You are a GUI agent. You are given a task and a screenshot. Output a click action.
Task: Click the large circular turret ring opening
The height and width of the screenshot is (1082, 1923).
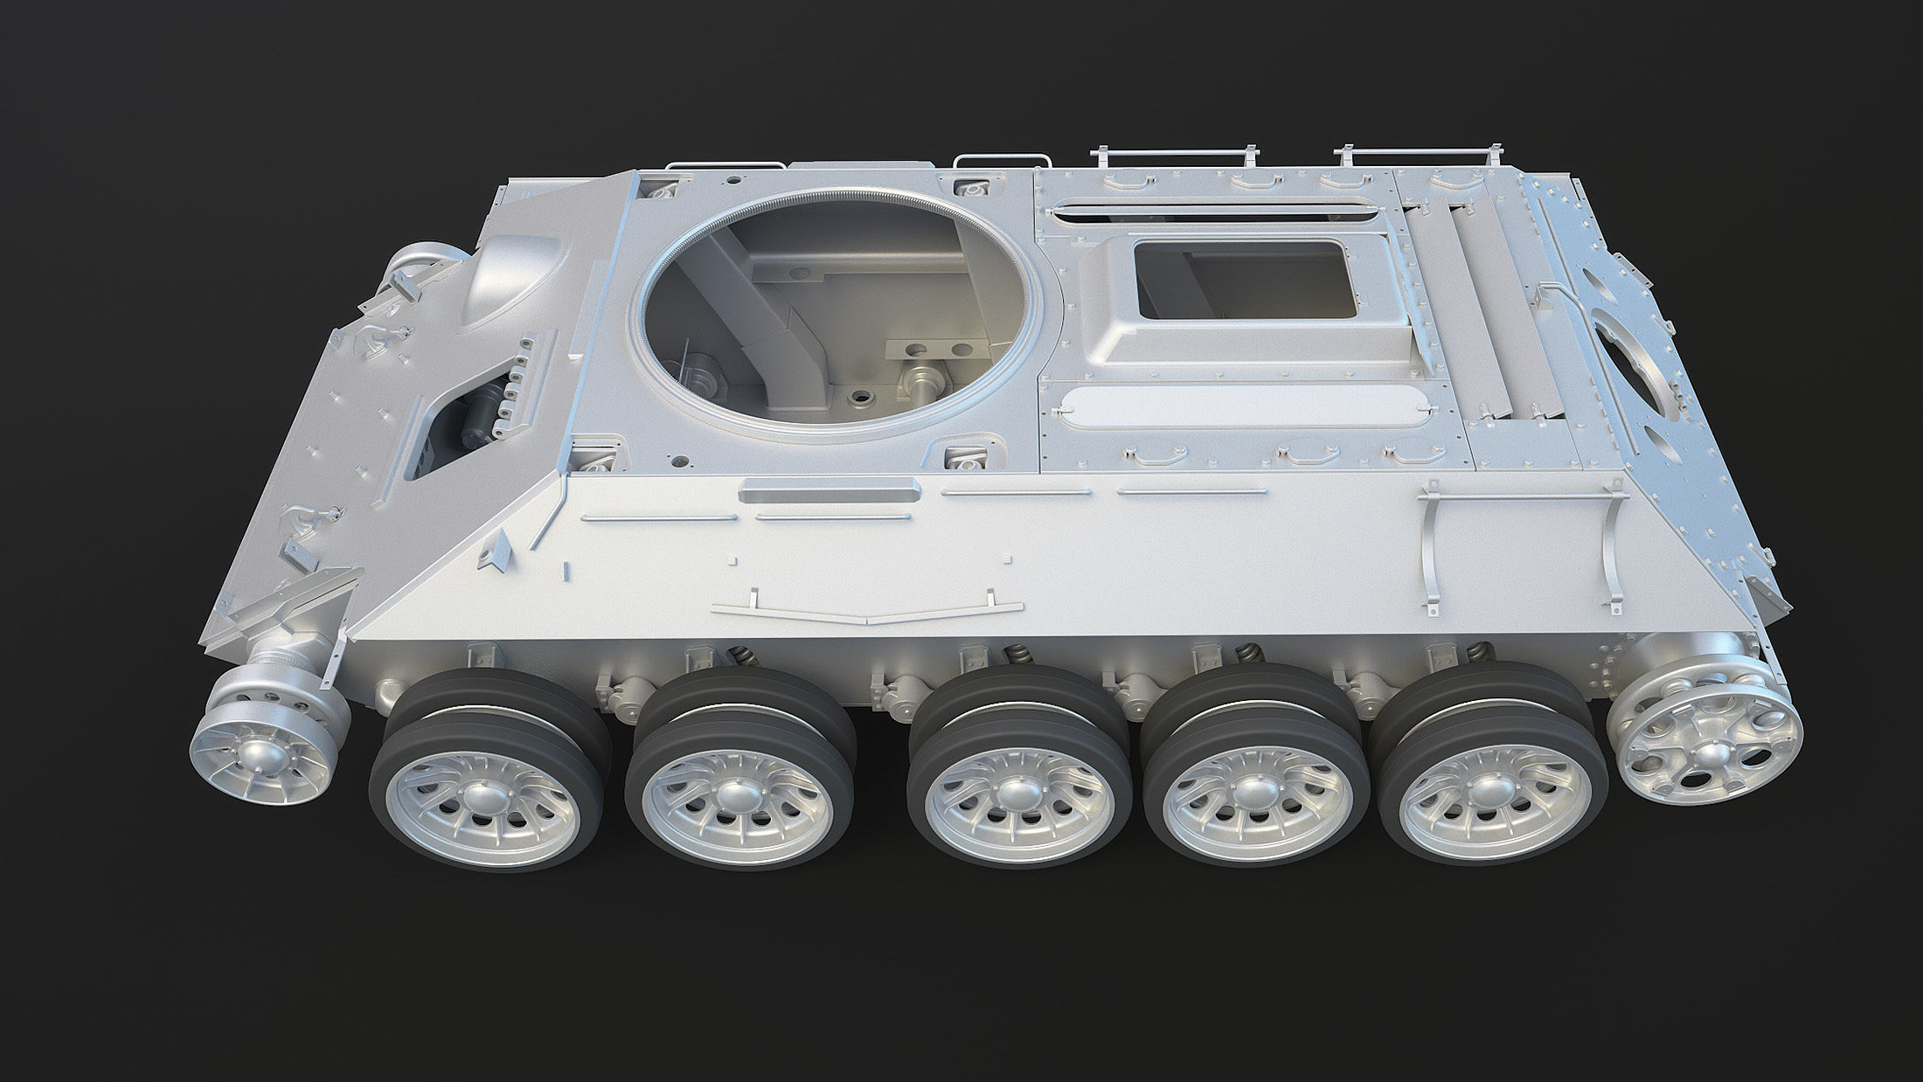[835, 310]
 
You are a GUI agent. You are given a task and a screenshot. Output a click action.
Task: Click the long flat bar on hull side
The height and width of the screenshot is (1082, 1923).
[829, 493]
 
